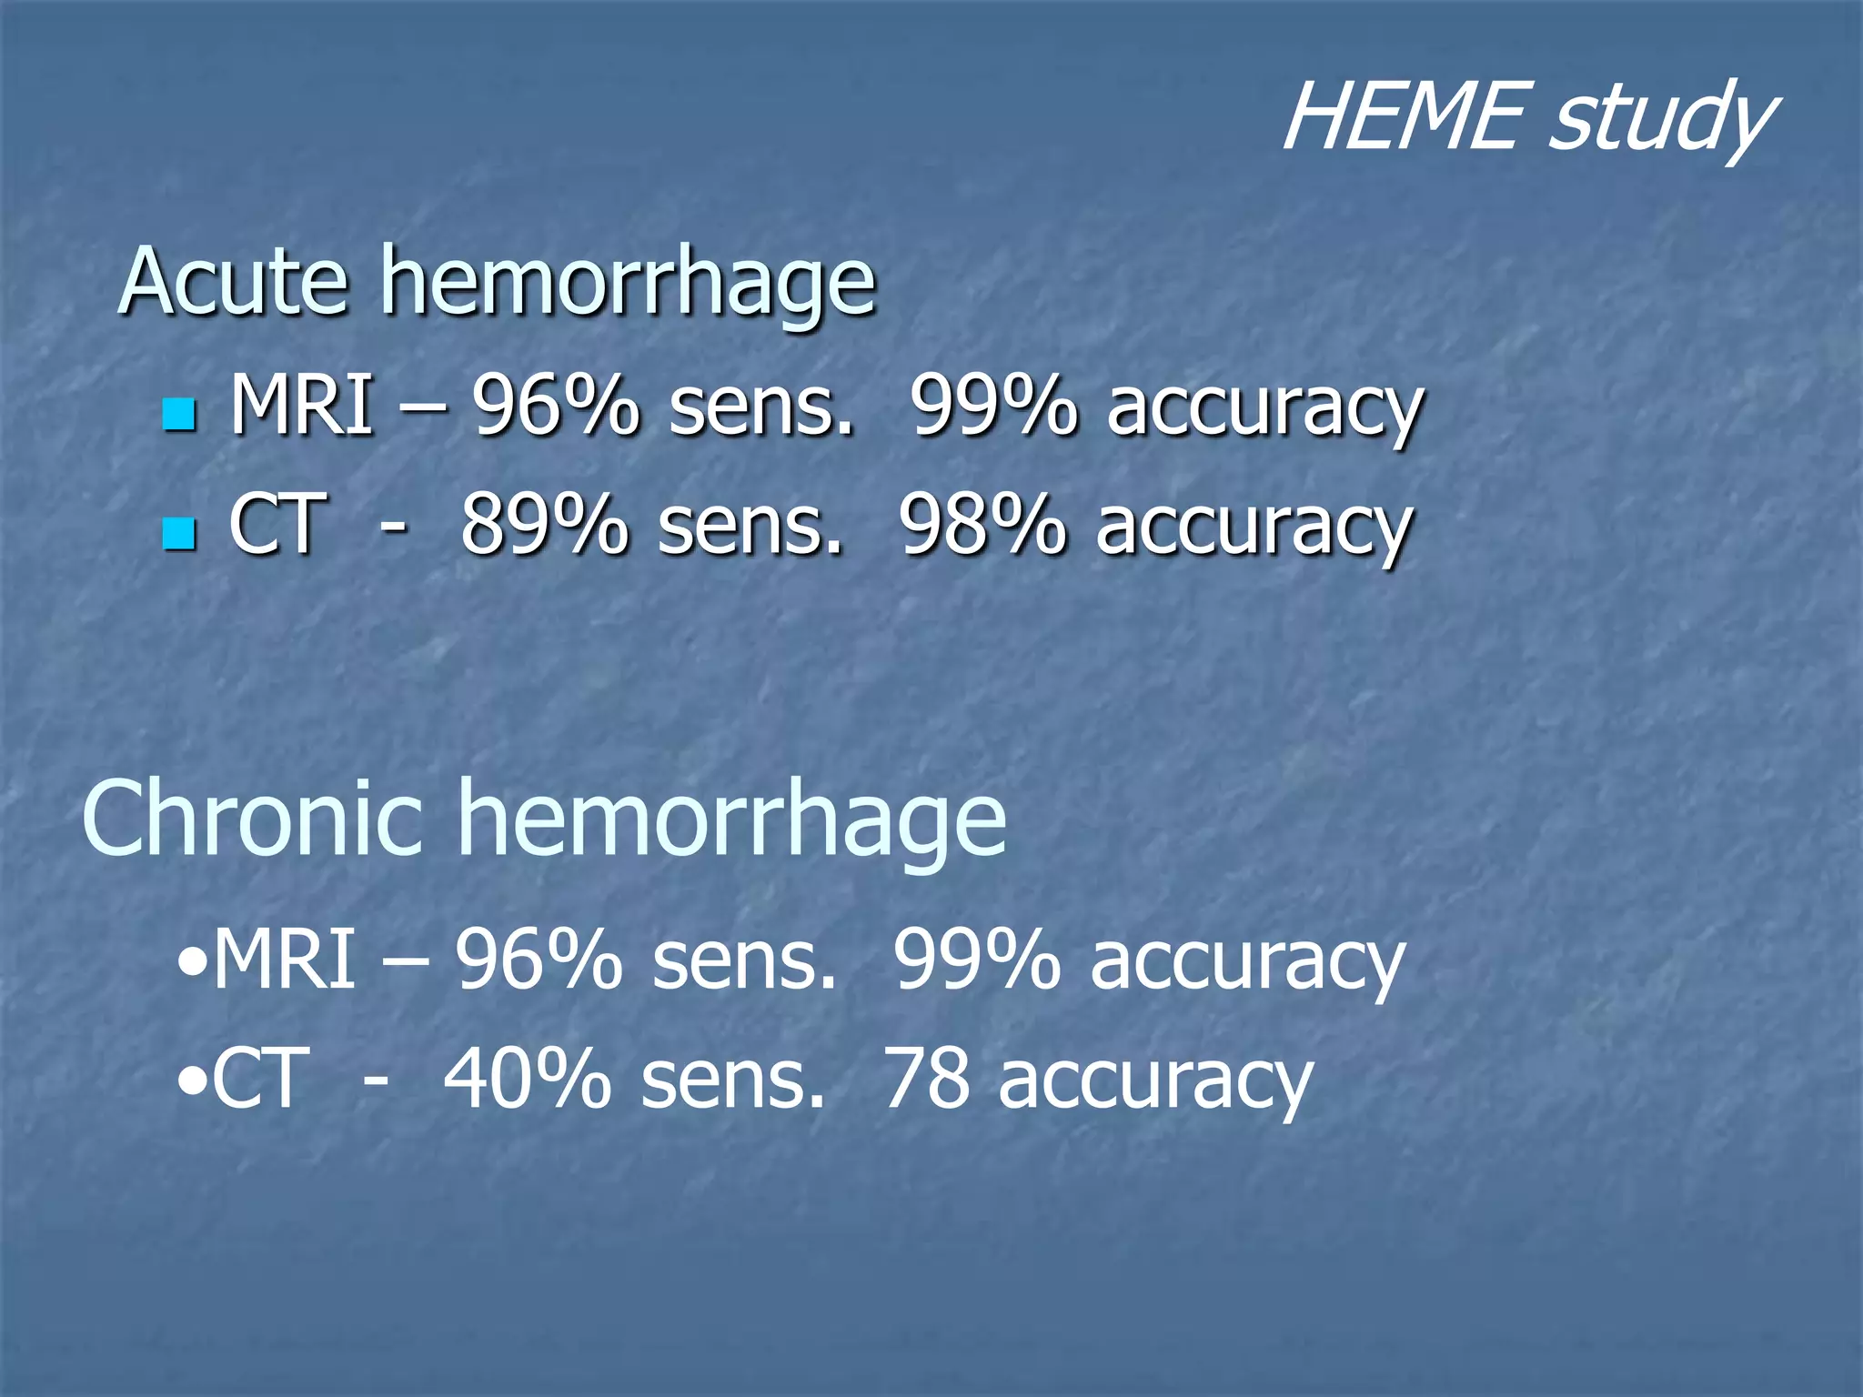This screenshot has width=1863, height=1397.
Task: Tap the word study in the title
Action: tap(1661, 123)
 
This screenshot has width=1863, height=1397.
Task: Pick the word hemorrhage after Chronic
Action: tap(732, 823)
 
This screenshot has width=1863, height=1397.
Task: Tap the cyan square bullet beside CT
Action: tap(179, 534)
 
